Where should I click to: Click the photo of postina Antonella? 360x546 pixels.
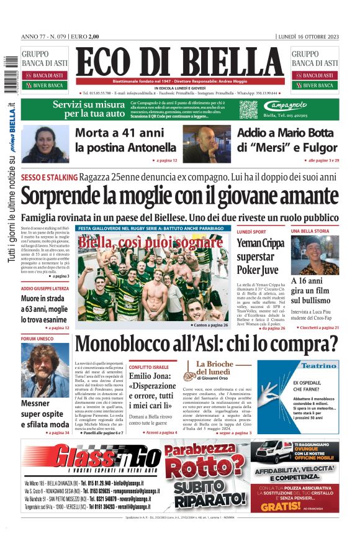pyautogui.click(x=45, y=144)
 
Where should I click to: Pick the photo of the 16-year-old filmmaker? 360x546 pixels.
pyautogui.click(x=315, y=255)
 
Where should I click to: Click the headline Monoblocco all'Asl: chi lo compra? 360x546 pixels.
pyautogui.click(x=206, y=344)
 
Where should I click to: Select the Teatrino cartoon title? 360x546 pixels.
pyautogui.click(x=319, y=365)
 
